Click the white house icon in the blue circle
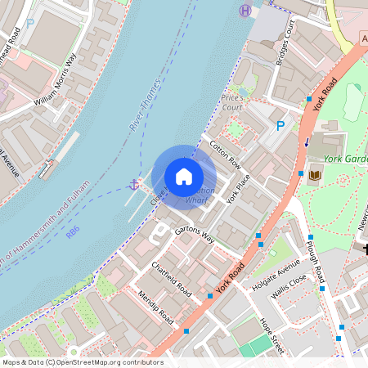(x=184, y=176)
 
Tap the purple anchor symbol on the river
(x=132, y=185)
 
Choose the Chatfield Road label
(x=172, y=279)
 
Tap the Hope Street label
(x=272, y=335)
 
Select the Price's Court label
(x=233, y=102)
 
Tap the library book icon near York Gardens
(x=316, y=174)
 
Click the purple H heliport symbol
(x=245, y=11)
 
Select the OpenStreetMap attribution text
(x=82, y=361)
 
